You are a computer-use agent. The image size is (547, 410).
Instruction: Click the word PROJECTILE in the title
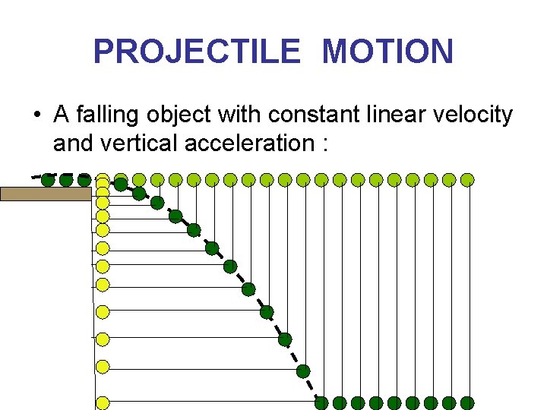[x=197, y=52]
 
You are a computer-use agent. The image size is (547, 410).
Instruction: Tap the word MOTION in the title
[x=387, y=52]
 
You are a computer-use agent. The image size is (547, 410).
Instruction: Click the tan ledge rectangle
[x=46, y=194]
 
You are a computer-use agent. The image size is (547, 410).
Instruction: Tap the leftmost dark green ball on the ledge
[x=48, y=180]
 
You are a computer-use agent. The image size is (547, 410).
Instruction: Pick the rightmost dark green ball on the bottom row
[x=467, y=402]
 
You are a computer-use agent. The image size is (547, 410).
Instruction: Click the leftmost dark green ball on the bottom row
[x=321, y=402]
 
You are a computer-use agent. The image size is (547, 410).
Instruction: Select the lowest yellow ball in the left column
[x=103, y=402]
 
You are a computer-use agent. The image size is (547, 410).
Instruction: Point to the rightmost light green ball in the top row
[x=467, y=180]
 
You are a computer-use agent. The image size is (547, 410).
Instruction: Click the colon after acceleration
[x=324, y=143]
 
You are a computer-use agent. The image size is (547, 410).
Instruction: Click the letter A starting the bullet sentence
[x=62, y=115]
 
